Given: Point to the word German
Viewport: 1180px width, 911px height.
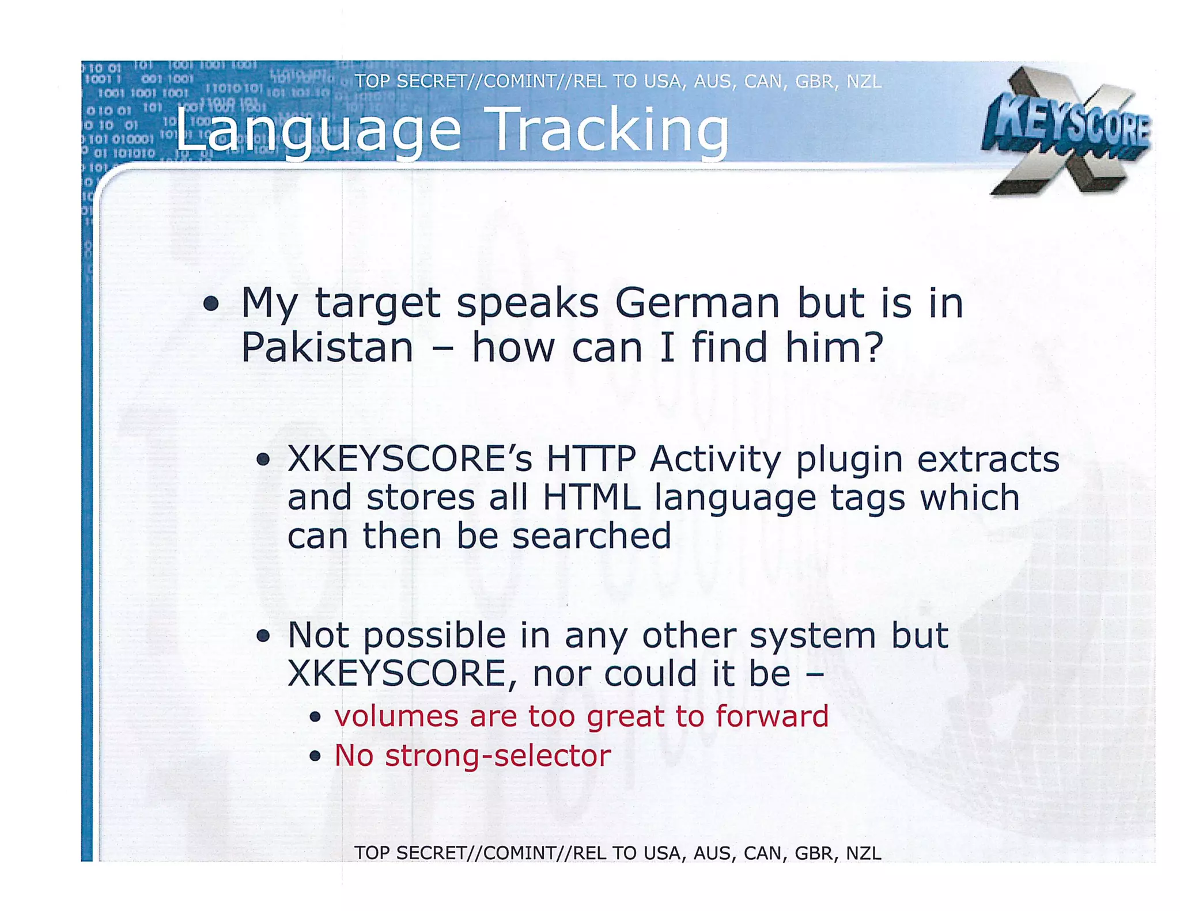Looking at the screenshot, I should tap(697, 303).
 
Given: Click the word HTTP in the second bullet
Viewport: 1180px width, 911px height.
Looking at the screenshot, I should tap(591, 459).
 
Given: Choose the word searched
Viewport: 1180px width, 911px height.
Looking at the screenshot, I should tap(591, 536).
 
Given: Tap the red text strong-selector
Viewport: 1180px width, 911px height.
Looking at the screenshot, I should tap(498, 756).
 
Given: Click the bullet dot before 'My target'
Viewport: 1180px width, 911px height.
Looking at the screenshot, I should tap(211, 303).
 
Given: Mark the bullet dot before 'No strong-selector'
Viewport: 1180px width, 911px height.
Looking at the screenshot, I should tap(315, 756).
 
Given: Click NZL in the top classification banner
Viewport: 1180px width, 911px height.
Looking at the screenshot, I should tap(864, 81).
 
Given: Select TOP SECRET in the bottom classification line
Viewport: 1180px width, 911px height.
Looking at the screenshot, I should tap(411, 853).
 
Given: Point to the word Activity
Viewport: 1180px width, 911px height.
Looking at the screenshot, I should tap(715, 460).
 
